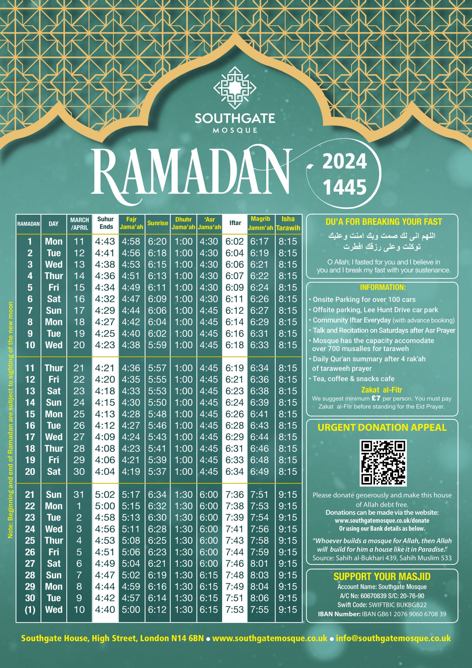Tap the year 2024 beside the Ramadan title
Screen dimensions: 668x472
tap(345, 162)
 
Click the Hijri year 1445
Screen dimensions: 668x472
tap(345, 187)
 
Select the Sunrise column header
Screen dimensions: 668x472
tap(157, 223)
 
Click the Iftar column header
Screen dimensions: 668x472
tap(235, 223)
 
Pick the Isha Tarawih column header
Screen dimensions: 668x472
tap(288, 223)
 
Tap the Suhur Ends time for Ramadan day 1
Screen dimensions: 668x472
tap(105, 241)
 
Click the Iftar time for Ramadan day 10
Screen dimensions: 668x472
tap(235, 345)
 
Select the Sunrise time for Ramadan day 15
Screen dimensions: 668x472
tap(157, 414)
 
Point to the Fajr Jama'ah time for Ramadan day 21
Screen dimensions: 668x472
tap(131, 494)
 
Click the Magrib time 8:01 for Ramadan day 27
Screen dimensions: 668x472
tap(259, 564)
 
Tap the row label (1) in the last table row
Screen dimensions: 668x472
tap(30, 610)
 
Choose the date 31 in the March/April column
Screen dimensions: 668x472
tap(79, 494)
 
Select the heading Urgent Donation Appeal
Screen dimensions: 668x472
tap(382, 427)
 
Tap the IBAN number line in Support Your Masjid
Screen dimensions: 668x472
tap(382, 614)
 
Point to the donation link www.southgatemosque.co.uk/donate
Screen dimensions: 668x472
tap(382, 521)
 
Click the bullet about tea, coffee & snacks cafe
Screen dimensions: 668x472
tap(354, 379)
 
